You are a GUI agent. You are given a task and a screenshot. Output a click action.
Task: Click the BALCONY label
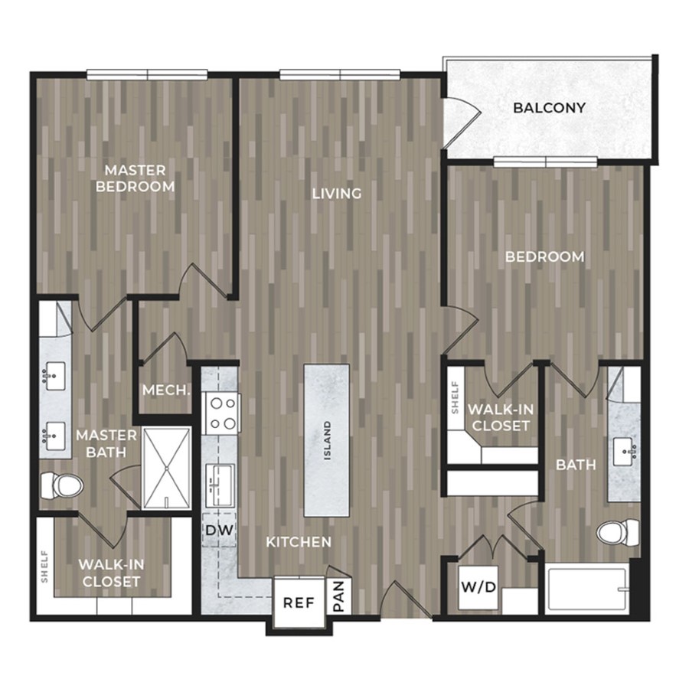tap(549, 108)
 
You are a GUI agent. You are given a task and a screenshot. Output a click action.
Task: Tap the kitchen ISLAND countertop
tap(327, 440)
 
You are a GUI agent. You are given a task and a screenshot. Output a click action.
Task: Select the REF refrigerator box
tap(299, 602)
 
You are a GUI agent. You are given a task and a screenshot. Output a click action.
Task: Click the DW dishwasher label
tap(219, 530)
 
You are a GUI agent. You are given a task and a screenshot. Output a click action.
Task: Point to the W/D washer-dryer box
tap(478, 587)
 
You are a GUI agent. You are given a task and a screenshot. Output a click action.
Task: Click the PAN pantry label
tap(339, 596)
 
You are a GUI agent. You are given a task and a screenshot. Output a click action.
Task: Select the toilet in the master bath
tap(61, 486)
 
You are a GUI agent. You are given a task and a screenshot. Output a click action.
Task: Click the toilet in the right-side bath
tap(618, 533)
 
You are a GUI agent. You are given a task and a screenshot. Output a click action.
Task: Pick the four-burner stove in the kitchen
tap(221, 413)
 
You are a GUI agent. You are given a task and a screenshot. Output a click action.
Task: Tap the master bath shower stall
tap(167, 468)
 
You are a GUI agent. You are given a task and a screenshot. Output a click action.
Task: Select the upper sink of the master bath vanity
tap(54, 376)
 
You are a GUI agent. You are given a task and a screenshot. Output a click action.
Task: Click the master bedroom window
tap(147, 75)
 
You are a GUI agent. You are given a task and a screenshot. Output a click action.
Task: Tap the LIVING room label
tap(337, 194)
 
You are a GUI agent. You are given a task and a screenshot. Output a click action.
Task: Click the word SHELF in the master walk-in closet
tap(44, 567)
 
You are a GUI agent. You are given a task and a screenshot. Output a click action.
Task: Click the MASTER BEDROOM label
tap(135, 178)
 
